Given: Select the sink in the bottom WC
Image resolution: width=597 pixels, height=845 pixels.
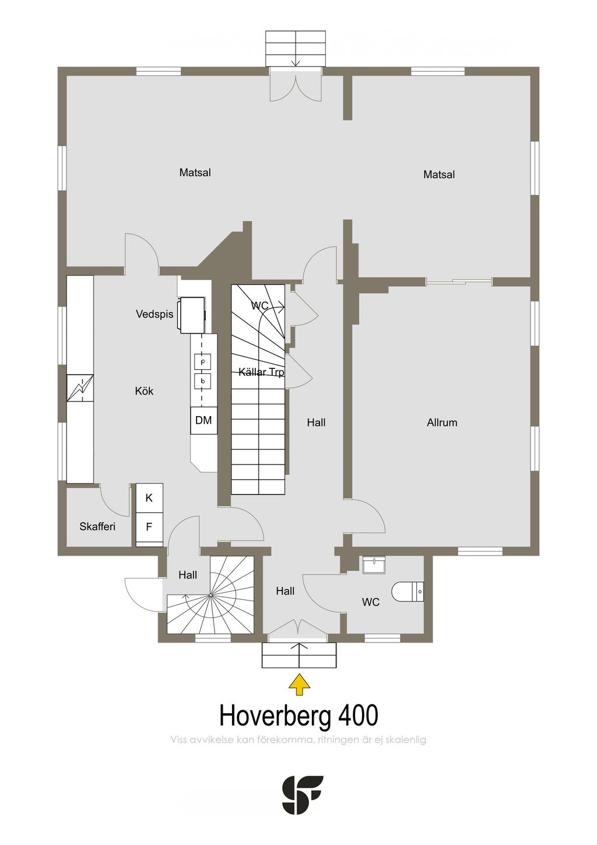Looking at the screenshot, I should (373, 565).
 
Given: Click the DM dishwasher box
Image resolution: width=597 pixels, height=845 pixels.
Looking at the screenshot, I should (203, 420).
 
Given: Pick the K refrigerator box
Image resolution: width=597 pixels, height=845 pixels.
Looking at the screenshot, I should (149, 498).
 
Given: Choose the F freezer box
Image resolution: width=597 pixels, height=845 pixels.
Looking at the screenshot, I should (149, 526).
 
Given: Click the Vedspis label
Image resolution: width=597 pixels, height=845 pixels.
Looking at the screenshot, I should (154, 314).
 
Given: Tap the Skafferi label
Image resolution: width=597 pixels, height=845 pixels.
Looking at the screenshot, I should (97, 526).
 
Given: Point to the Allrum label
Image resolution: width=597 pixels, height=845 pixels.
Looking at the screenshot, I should (442, 423).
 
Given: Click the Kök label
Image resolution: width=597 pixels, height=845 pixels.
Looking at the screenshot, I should (144, 391).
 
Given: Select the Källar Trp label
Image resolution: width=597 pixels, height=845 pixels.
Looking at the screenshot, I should (261, 372).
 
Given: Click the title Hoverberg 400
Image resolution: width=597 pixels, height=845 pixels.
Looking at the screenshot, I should (298, 715).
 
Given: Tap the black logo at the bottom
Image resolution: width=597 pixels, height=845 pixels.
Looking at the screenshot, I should (302, 795).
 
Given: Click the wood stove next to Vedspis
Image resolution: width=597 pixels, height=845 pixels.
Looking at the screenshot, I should (192, 315).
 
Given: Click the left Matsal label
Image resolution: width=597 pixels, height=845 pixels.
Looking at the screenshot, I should (195, 173).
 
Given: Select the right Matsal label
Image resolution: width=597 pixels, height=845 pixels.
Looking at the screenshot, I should (439, 174).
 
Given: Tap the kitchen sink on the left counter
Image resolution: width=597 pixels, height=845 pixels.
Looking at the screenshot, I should (80, 388).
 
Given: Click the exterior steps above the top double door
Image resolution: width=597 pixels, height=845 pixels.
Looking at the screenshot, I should (296, 48).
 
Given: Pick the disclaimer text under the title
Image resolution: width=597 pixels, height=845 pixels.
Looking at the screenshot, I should (298, 740).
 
